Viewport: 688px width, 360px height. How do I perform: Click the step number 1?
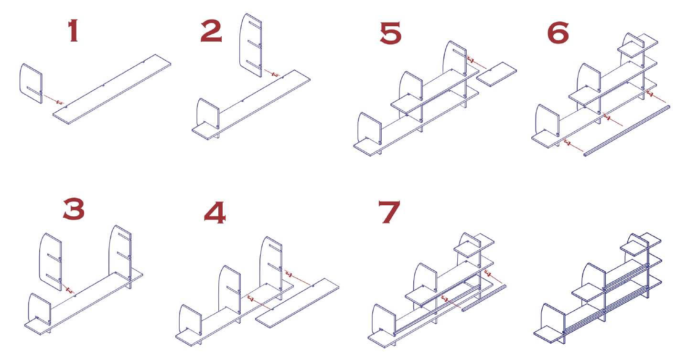point(73,32)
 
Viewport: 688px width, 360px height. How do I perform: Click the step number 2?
point(211,32)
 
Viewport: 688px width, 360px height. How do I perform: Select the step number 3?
point(74,210)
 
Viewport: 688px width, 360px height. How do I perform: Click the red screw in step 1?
point(60,102)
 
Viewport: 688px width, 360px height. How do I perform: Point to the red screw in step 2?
point(275,74)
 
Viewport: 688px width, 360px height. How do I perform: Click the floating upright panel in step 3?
point(50,260)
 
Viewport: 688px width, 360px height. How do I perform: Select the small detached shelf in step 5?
point(497,74)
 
